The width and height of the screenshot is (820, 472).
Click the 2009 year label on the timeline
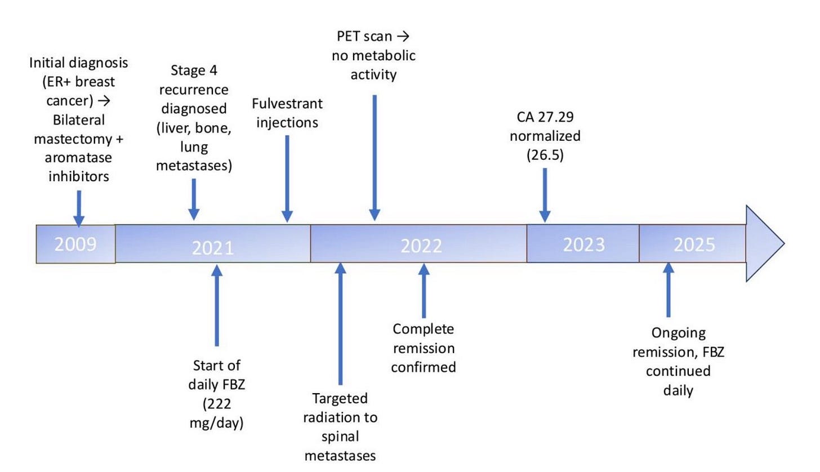pyautogui.click(x=75, y=244)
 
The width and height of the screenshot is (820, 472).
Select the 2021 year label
pyautogui.click(x=212, y=247)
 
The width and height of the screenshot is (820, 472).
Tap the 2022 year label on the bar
pyautogui.click(x=421, y=246)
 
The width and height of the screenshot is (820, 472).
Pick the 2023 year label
pyautogui.click(x=583, y=244)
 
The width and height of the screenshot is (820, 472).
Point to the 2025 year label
pyautogui.click(x=694, y=244)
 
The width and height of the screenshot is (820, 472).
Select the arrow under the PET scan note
pyautogui.click(x=375, y=158)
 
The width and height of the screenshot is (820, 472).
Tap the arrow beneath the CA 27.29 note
pyautogui.click(x=545, y=194)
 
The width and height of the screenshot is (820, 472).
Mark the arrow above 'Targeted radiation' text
pyautogui.click(x=340, y=324)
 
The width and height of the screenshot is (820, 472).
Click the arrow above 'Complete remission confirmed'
pyautogui.click(x=424, y=290)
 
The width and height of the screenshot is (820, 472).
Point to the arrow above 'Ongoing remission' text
pyautogui.click(x=669, y=290)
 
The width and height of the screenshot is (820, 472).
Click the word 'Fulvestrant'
pyautogui.click(x=287, y=104)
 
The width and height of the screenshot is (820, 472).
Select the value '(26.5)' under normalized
pyautogui.click(x=545, y=155)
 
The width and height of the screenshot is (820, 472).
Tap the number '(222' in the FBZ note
pyautogui.click(x=216, y=403)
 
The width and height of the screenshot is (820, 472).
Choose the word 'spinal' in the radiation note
pyautogui.click(x=340, y=437)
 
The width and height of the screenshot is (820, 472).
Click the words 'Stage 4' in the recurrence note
pyautogui.click(x=193, y=71)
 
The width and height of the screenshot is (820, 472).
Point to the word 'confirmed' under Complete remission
pyautogui.click(x=423, y=367)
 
